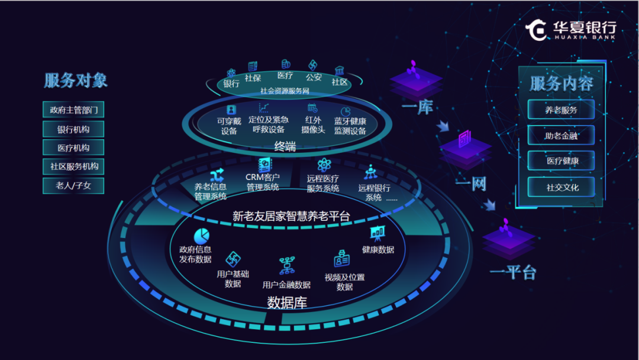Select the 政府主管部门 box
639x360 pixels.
pos(74,110)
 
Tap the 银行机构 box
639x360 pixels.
pos(73,129)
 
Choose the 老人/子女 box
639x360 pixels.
pos(74,185)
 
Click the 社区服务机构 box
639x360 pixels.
pos(74,166)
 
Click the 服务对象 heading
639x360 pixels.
pos(76,81)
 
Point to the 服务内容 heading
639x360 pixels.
pos(561,83)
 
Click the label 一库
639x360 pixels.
pos(417,108)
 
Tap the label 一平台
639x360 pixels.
pos(512,272)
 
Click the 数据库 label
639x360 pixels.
pos(287,303)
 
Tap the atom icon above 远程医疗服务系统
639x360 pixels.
pos(324,165)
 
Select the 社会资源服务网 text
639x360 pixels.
pos(285,91)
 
